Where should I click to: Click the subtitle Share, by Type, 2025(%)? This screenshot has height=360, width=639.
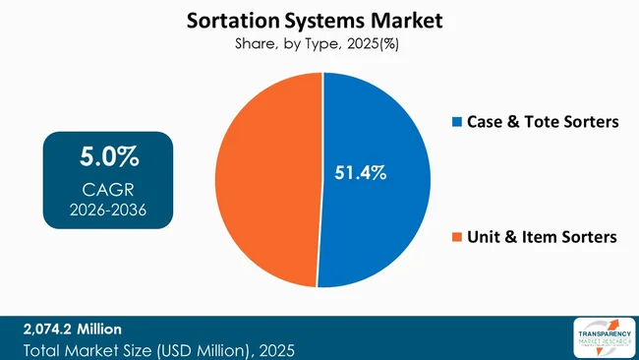(x=319, y=43)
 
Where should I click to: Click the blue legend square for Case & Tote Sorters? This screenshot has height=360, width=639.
(x=454, y=122)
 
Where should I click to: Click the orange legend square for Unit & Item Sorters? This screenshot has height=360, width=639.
(x=454, y=237)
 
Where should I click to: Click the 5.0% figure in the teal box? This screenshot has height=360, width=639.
(x=108, y=156)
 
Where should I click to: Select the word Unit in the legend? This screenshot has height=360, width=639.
(x=482, y=237)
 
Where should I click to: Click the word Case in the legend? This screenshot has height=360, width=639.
(x=484, y=122)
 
